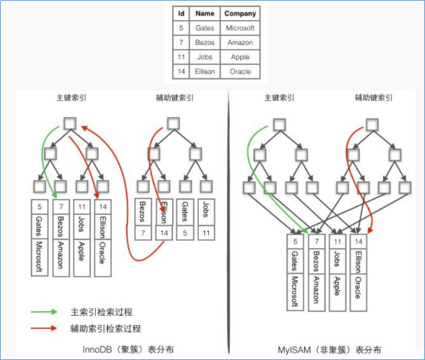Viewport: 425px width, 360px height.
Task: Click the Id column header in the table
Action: (181, 13)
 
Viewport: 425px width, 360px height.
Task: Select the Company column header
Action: (239, 13)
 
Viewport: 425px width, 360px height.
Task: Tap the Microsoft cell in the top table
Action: (239, 28)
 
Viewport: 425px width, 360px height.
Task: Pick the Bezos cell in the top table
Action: (204, 43)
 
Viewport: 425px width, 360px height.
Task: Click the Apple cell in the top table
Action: (239, 57)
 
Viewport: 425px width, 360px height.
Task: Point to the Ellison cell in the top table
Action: (204, 71)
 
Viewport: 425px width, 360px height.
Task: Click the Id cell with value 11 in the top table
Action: (181, 57)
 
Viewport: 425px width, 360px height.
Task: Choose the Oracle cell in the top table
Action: (239, 71)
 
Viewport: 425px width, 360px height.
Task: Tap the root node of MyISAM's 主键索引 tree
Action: (279, 125)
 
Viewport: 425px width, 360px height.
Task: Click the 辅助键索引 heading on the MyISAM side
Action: (373, 99)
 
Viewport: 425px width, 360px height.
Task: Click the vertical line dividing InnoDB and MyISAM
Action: (230, 224)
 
